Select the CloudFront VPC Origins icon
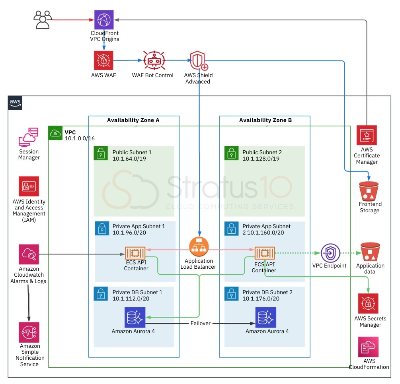coord(104,20)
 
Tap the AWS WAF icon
coord(103,60)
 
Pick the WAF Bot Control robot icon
coord(153,60)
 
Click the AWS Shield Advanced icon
coord(198,60)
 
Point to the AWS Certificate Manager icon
coord(367,136)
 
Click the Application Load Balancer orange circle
coord(198,247)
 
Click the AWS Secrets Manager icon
coord(368,304)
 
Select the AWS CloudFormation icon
coord(369,347)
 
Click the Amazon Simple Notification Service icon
coord(29,332)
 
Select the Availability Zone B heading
coord(265,120)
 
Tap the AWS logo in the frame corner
coord(16,103)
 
